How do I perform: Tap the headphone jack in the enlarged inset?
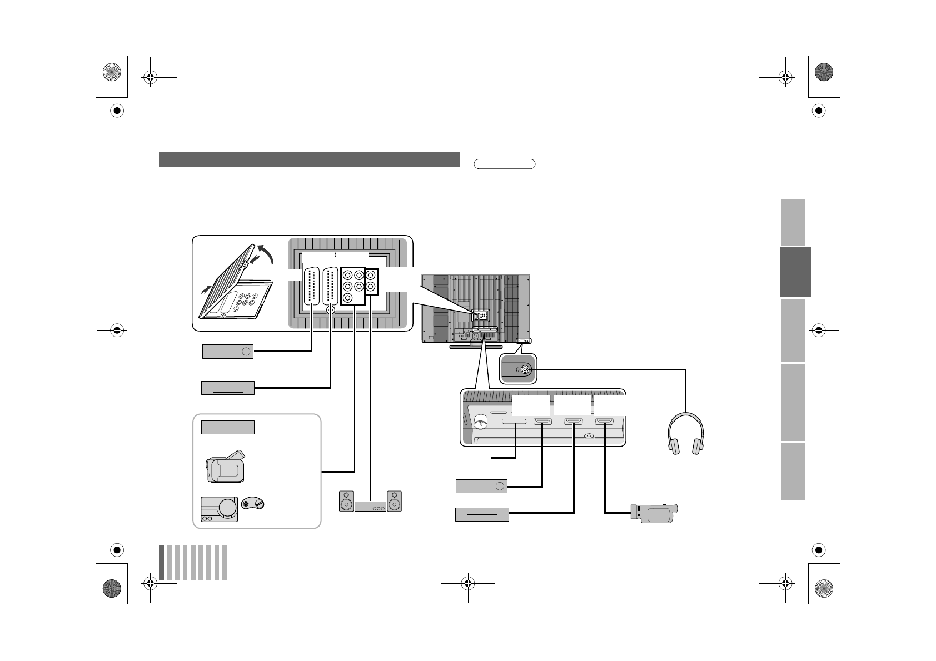pos(524,369)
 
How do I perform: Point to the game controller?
pos(256,504)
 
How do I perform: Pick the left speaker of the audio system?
pos(346,501)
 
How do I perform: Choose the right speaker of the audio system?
pos(395,501)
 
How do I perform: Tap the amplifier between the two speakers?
pos(370,507)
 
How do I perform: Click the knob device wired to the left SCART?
pos(227,351)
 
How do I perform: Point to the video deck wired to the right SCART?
pos(227,388)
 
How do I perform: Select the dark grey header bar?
pos(309,159)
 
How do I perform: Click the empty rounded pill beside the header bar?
pos(505,164)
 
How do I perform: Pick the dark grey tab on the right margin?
pos(795,272)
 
